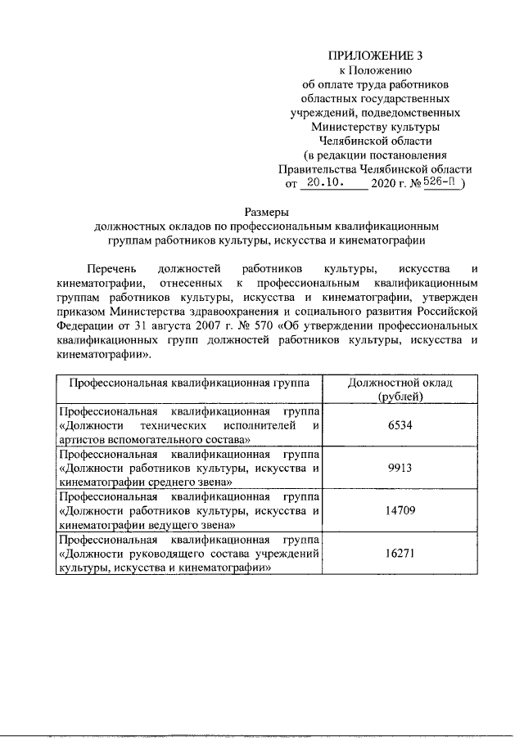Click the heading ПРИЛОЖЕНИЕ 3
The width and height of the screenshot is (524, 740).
376,56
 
